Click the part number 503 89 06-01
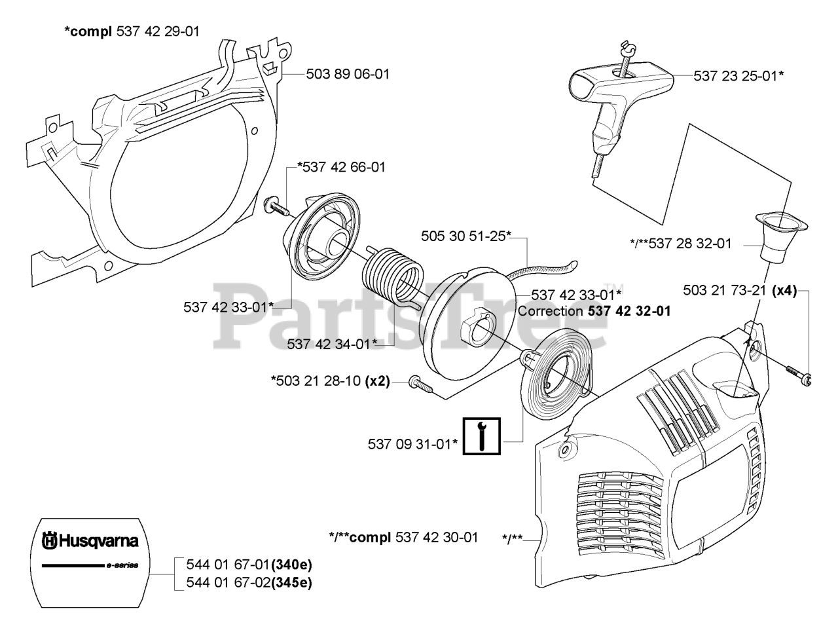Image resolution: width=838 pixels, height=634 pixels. [348, 74]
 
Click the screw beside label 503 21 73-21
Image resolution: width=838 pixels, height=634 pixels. [798, 374]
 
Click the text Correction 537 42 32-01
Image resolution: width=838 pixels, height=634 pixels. [594, 311]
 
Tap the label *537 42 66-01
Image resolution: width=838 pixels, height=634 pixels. [341, 167]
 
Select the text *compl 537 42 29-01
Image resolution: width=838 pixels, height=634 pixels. [132, 31]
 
